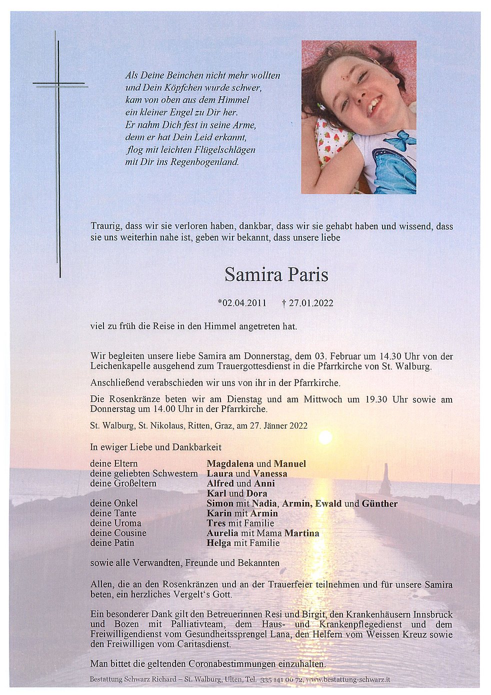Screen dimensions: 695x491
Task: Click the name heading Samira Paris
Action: tap(276, 274)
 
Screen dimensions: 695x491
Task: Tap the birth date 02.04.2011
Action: tap(242, 303)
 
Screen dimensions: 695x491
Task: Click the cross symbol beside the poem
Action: tap(58, 85)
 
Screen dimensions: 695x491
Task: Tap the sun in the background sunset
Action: tap(325, 438)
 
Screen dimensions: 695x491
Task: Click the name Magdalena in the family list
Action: tap(231, 463)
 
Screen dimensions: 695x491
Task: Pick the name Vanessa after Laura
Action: tap(270, 473)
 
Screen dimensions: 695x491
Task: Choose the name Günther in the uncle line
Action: tap(379, 503)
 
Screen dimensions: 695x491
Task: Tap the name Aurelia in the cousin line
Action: tap(223, 533)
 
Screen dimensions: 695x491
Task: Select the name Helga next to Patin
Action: tap(218, 543)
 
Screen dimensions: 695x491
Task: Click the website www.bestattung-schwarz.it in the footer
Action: tap(348, 680)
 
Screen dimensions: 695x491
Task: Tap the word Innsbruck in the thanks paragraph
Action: tap(429, 614)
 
